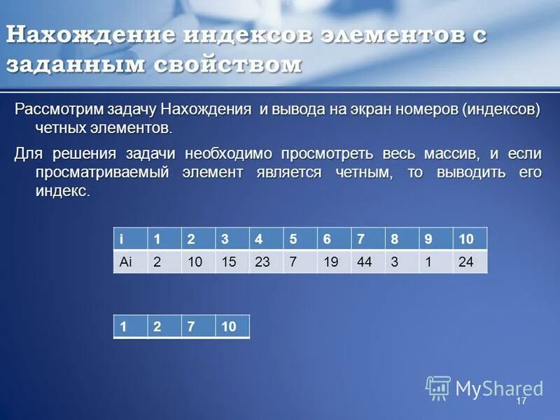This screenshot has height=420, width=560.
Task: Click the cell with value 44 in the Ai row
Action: click(368, 262)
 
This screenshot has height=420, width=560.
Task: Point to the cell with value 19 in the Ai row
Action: click(334, 262)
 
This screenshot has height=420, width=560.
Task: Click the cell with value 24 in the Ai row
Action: click(470, 262)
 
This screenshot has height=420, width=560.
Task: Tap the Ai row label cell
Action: click(130, 262)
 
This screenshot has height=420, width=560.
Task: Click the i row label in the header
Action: click(130, 239)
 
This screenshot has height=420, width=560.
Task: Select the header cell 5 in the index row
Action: click(300, 239)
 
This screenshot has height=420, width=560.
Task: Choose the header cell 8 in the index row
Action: click(402, 239)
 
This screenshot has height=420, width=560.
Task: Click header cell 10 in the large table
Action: click(470, 239)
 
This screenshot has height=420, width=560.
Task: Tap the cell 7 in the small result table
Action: click(198, 327)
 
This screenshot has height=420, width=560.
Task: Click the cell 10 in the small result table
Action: click(232, 327)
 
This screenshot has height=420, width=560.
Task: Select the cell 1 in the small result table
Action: click(130, 327)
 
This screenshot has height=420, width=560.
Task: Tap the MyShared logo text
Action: click(498, 388)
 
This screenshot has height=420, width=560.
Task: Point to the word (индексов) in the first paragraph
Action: click(500, 111)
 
